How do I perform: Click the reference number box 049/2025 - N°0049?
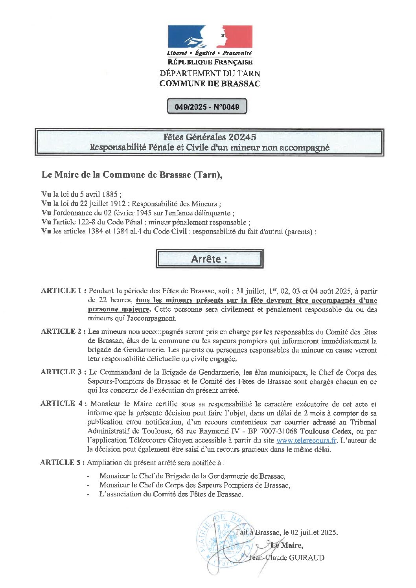tap(207, 107)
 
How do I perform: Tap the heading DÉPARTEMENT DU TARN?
tap(210, 73)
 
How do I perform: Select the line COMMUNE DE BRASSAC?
tap(210, 83)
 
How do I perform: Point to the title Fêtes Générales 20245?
tap(210, 137)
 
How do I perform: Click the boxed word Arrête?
tap(209, 259)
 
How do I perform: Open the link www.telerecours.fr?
tap(306, 441)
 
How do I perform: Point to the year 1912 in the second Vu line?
tap(118, 204)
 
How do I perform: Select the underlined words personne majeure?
tap(119, 309)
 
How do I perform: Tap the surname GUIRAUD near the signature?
tap(307, 558)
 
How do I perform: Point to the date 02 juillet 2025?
tap(314, 533)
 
